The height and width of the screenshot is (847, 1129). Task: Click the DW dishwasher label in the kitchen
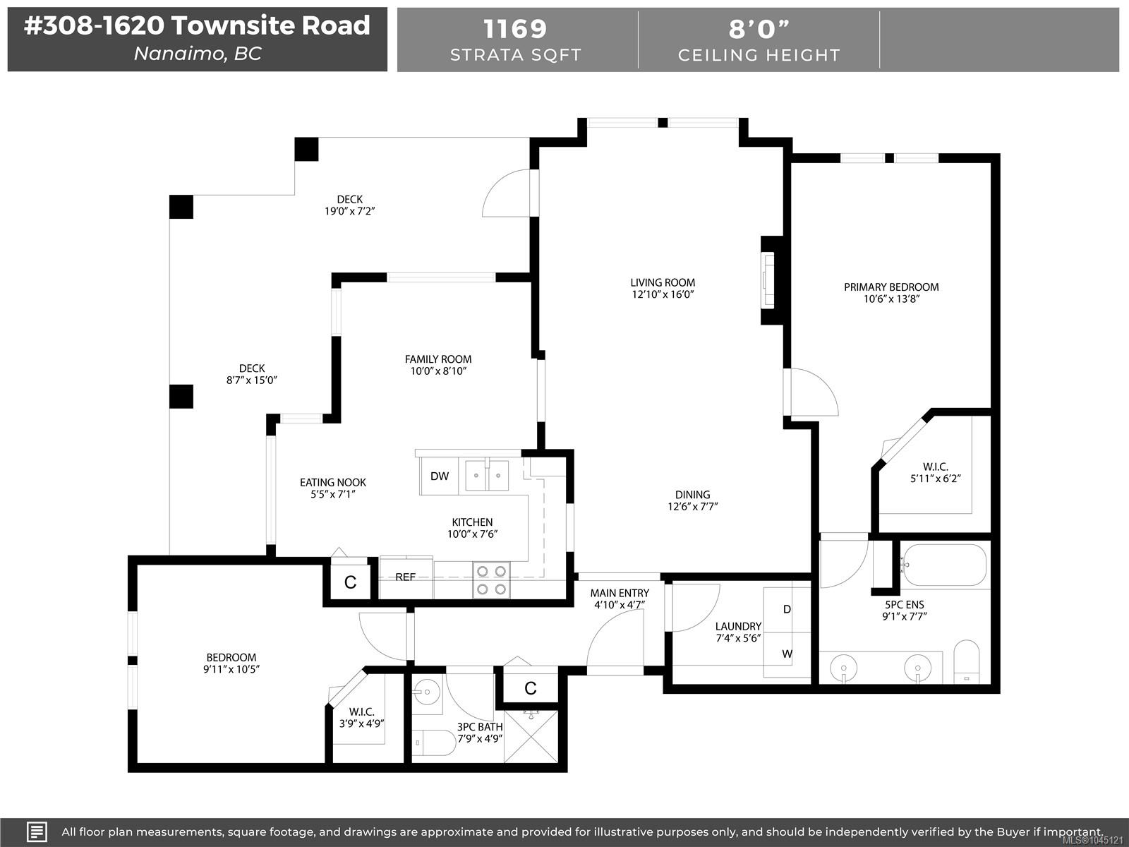[x=440, y=476]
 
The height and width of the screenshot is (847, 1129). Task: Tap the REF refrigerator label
[x=405, y=577]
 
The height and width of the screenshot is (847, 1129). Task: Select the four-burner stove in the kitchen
[x=491, y=580]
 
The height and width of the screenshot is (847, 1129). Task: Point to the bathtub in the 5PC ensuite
[x=944, y=565]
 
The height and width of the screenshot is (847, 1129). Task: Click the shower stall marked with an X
[x=531, y=736]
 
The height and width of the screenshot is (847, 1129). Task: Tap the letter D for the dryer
[x=787, y=609]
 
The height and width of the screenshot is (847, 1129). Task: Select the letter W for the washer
[x=787, y=654]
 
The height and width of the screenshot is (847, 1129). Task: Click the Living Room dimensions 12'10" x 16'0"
[x=663, y=294]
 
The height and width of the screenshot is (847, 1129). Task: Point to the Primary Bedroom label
[x=891, y=287]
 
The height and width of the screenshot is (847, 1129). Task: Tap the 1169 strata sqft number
[x=515, y=28]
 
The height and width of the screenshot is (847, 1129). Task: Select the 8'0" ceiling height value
[x=759, y=29]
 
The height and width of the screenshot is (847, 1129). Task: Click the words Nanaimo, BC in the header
[x=198, y=54]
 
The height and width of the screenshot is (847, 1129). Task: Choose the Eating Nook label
[x=333, y=482]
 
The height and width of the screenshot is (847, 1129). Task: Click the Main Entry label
[x=620, y=593]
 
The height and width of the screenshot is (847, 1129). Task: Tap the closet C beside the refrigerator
[x=350, y=582]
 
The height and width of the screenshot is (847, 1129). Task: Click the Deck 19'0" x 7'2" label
[x=350, y=205]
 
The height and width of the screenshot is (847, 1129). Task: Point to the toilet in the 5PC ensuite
[x=967, y=661]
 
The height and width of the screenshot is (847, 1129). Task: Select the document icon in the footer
[x=37, y=832]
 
